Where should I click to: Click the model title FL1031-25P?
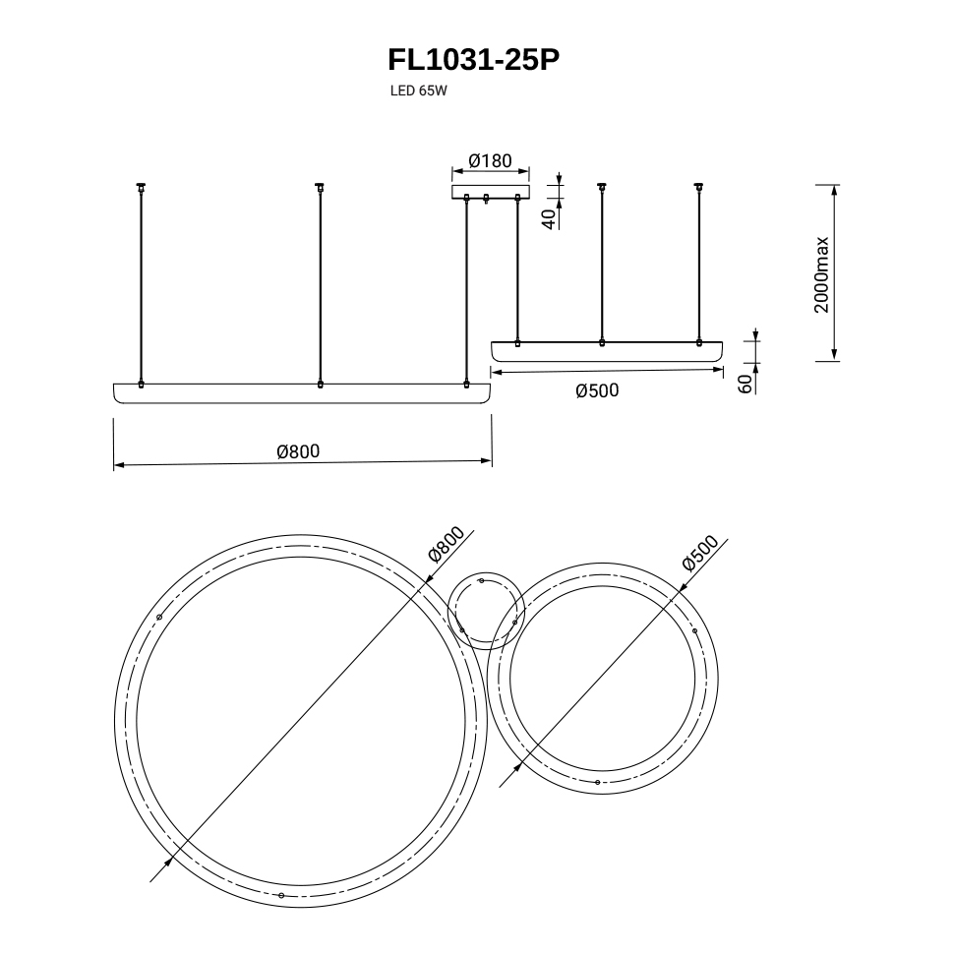click(x=473, y=60)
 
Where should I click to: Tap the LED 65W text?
click(x=419, y=91)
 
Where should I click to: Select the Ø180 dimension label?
click(x=491, y=160)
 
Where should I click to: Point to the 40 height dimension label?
click(x=550, y=219)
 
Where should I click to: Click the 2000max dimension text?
click(x=821, y=275)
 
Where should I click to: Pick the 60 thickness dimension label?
click(x=745, y=384)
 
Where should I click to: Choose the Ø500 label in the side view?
click(x=597, y=390)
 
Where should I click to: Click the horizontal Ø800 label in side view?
click(x=298, y=451)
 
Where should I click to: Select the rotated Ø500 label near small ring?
click(x=700, y=553)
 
